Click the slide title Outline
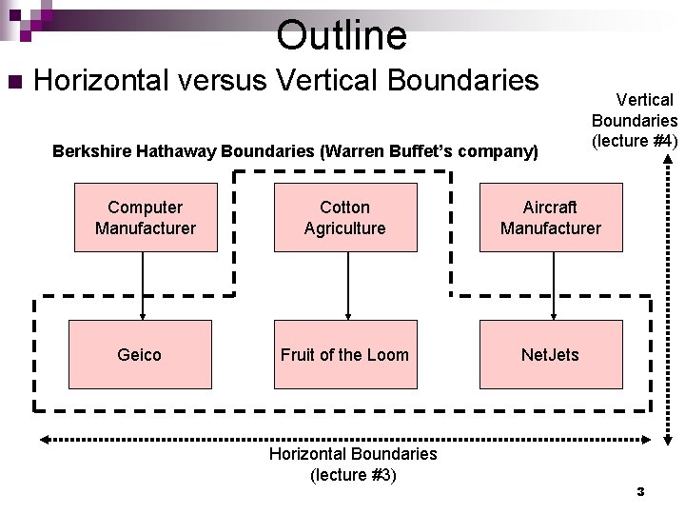point(342,35)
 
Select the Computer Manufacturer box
point(146,218)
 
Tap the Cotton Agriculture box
point(345,218)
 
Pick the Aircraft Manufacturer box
point(551,218)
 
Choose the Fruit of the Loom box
point(345,354)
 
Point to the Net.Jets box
point(551,354)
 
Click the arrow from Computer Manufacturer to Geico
point(144,286)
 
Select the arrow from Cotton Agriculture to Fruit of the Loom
point(347,286)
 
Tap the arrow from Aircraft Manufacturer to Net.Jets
point(553,286)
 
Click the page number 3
point(640,492)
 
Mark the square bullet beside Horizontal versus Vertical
point(13,82)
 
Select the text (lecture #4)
point(635,141)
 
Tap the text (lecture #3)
point(353,474)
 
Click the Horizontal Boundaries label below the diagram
point(353,454)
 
